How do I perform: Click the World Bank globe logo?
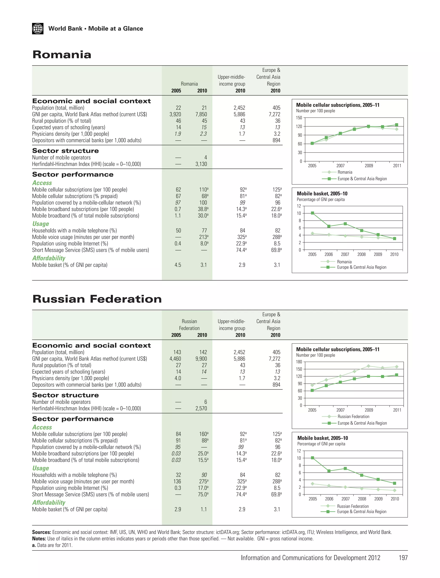38,29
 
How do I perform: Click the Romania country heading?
62,55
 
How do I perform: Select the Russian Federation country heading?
97,299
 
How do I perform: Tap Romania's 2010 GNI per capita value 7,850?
201,114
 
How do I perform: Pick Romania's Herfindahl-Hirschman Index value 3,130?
201,164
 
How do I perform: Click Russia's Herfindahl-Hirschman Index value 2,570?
201,408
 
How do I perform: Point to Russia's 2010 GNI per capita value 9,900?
201,359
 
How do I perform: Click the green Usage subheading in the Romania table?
41,224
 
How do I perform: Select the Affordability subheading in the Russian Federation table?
49,503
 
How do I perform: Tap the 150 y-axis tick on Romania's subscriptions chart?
299,118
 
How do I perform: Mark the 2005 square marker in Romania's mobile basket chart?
312,213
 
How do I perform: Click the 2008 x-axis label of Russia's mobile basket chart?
362,499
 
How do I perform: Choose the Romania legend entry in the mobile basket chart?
344,262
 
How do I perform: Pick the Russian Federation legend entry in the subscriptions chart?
353,417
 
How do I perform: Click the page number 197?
403,558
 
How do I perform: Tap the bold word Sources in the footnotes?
41,532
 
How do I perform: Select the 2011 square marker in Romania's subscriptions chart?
397,125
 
